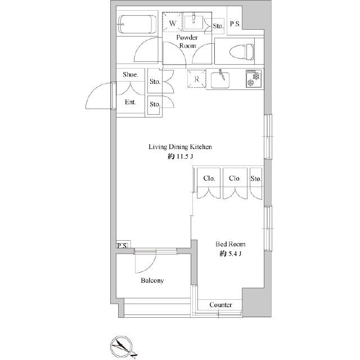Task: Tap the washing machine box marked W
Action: (173, 24)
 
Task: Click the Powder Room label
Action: (187, 42)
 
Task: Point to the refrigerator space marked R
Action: (196, 79)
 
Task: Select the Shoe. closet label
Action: (130, 75)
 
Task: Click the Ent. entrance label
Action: (130, 102)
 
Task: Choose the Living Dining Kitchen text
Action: (179, 147)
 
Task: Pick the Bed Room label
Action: (231, 244)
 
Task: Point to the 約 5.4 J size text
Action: (231, 255)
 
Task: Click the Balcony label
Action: (152, 280)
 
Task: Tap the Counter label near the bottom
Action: (221, 304)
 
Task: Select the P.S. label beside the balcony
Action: (122, 246)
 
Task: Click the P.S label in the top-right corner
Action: (235, 24)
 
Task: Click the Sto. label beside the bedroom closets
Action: (256, 178)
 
